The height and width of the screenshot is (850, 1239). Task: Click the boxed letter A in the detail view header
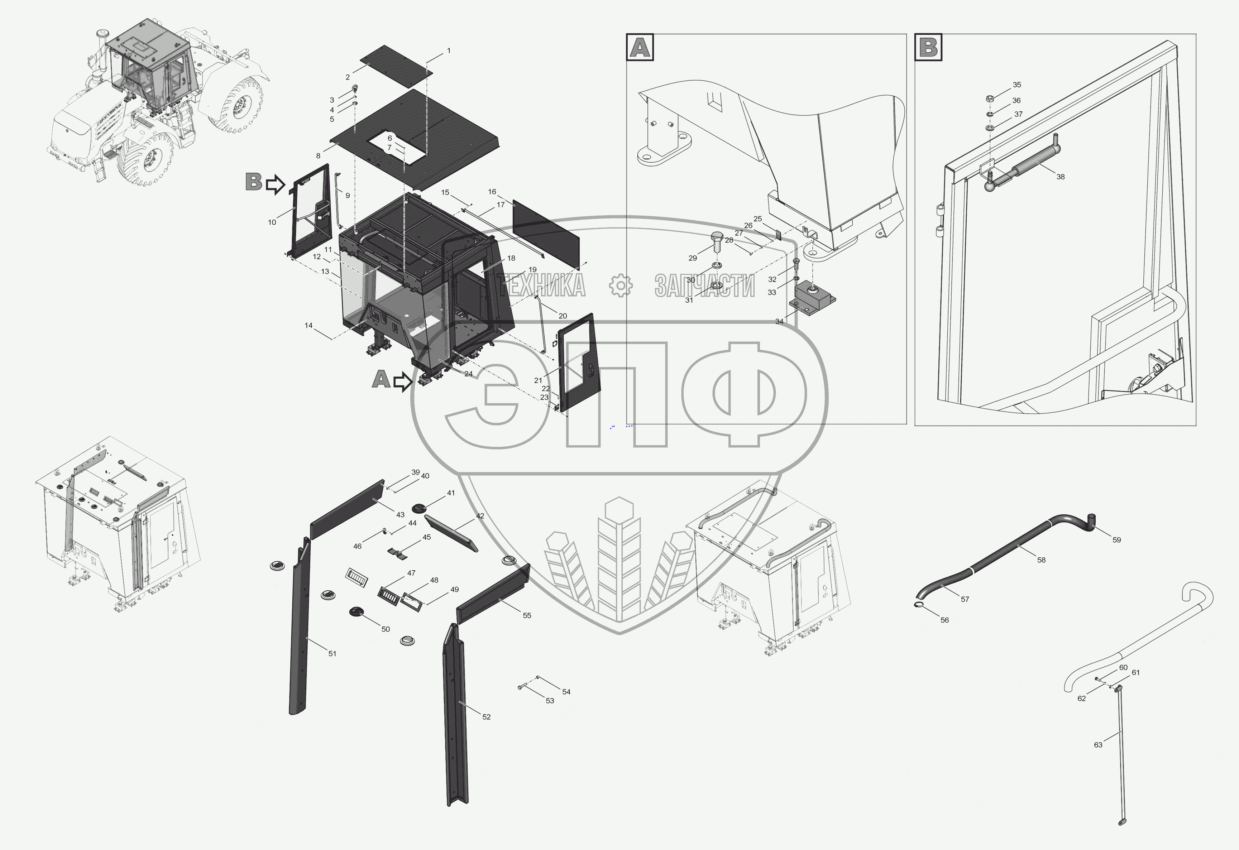point(640,47)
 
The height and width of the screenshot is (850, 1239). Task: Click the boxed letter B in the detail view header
point(928,47)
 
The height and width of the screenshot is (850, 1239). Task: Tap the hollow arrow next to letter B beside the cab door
point(275,184)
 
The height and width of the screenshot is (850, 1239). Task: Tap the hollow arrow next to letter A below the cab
point(402,381)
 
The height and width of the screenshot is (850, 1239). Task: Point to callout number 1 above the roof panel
point(448,51)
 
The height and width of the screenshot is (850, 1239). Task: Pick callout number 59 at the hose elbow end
point(1117,540)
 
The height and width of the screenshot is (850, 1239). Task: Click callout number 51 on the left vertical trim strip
point(332,653)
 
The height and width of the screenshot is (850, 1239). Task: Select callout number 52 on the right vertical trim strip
point(486,717)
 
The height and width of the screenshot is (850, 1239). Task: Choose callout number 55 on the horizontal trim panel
point(527,615)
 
